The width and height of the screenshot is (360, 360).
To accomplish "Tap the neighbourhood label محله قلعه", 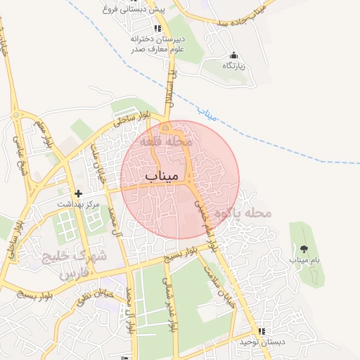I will (x=166, y=141).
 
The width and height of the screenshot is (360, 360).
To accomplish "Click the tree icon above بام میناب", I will (x=304, y=249).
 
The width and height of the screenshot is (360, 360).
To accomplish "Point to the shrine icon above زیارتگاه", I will (x=233, y=56).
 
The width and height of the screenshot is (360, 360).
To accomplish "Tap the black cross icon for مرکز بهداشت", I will (x=78, y=193).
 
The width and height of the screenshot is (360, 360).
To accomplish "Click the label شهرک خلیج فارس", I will (x=74, y=264).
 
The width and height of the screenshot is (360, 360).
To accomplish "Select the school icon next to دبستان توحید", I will (x=262, y=331).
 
